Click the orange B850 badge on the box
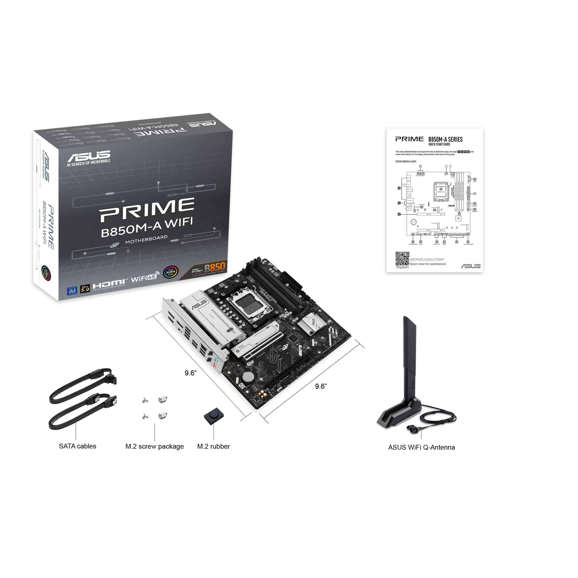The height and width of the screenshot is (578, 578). click(x=215, y=266)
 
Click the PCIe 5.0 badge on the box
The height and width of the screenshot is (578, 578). click(x=85, y=289)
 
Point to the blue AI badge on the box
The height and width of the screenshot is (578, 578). click(x=72, y=290)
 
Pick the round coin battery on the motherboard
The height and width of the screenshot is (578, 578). click(x=248, y=377)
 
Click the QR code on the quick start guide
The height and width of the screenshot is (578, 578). click(x=402, y=258)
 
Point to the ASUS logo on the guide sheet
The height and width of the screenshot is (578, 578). click(x=471, y=266)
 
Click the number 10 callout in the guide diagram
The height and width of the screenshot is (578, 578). click(x=399, y=188)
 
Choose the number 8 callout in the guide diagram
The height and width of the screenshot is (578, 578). click(x=399, y=214)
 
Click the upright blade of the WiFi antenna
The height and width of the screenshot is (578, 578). click(x=410, y=359)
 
